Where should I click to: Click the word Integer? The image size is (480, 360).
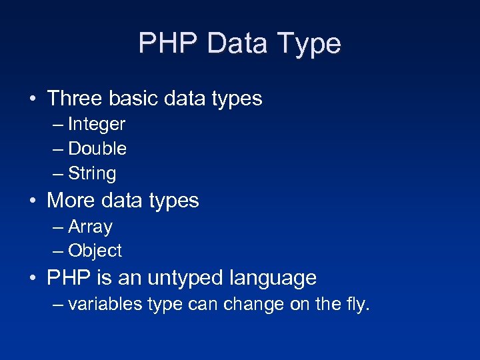coord(97,125)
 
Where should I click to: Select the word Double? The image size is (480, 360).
coord(97,149)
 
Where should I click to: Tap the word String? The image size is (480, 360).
coord(92,174)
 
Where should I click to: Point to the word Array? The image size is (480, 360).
coord(90,227)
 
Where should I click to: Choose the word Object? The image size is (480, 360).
coord(95,251)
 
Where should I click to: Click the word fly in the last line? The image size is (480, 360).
coord(356,305)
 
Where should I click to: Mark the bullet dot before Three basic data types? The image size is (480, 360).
coord(32,99)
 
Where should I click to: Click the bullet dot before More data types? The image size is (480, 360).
coord(32,201)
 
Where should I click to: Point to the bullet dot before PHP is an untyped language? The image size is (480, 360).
coord(32,278)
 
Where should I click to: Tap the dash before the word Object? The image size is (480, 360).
coord(58,251)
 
